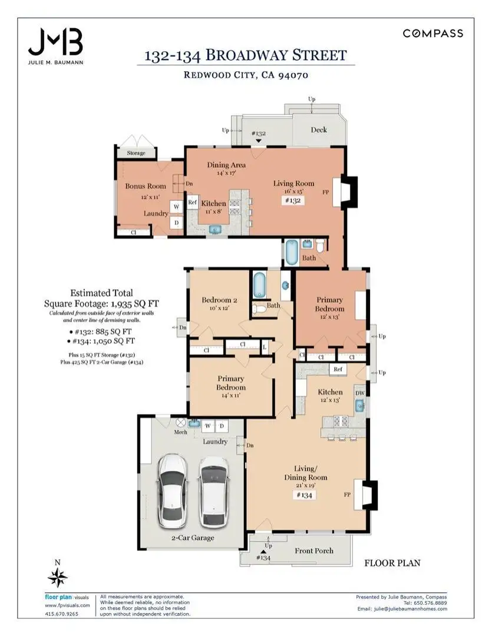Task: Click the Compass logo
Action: click(432, 33)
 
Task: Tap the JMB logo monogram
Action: click(55, 42)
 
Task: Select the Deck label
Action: click(319, 130)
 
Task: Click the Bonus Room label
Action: click(146, 186)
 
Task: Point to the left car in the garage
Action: click(173, 491)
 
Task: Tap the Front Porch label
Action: click(314, 551)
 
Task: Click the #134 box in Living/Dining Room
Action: click(304, 495)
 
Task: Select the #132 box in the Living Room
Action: click(293, 200)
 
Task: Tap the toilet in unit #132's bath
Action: click(321, 245)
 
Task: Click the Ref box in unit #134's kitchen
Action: click(338, 369)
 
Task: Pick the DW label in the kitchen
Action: click(360, 393)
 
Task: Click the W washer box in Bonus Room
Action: click(177, 207)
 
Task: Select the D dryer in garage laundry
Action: click(222, 426)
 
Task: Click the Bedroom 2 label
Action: click(219, 300)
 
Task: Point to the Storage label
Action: click(136, 153)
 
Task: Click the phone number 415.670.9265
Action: click(61, 614)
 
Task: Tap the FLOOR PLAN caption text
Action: click(392, 563)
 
